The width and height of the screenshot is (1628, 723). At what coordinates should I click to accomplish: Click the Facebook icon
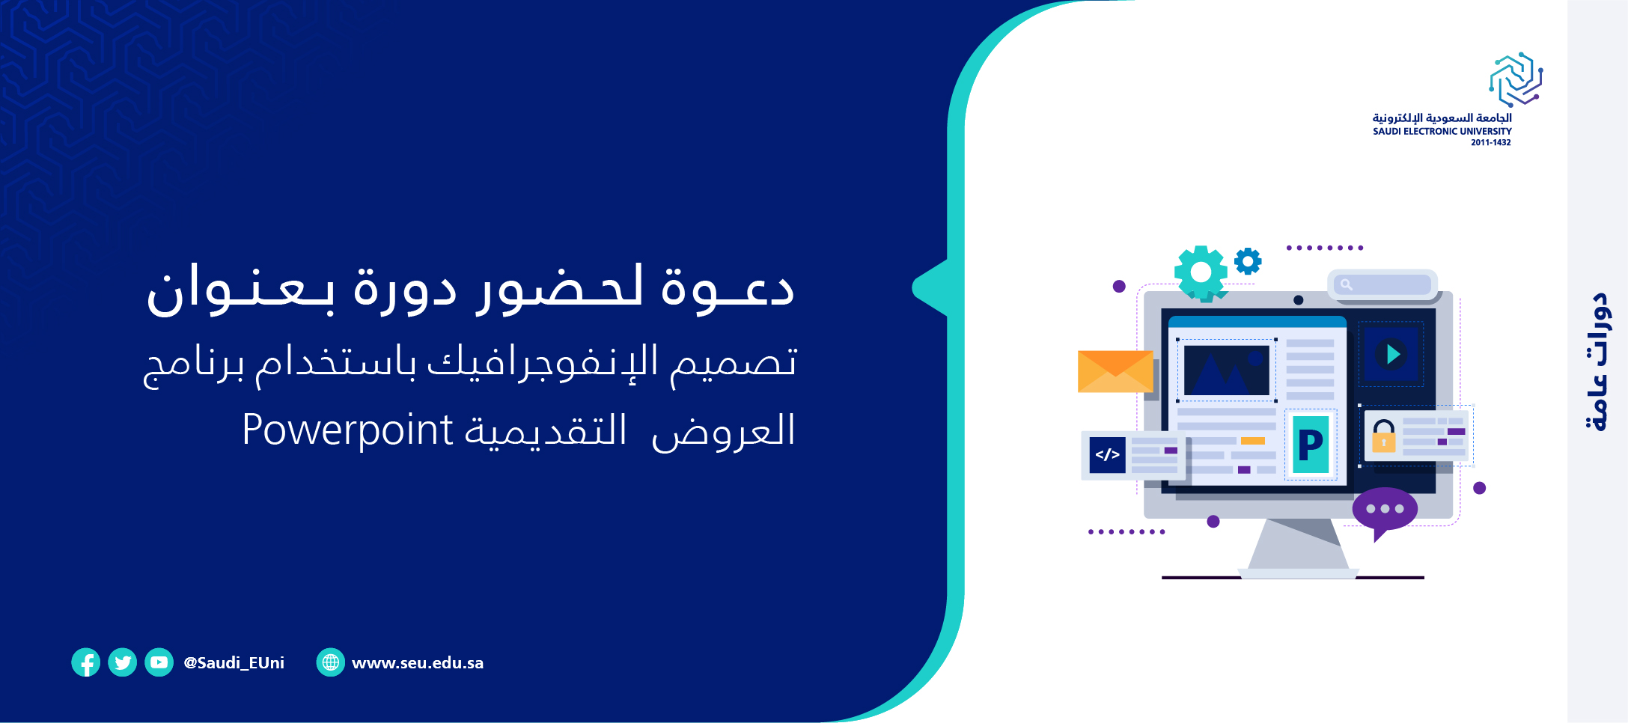(85, 662)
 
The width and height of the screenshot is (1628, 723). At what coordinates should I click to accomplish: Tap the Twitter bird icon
(122, 662)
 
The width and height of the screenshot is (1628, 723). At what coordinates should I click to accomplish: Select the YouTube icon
(159, 662)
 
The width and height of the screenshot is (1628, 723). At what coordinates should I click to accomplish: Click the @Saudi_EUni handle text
(234, 663)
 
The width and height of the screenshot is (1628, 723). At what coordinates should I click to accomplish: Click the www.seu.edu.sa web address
(418, 663)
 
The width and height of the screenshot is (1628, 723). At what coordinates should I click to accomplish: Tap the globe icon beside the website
(330, 662)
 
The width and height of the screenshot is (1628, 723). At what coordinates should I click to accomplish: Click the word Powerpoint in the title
(347, 430)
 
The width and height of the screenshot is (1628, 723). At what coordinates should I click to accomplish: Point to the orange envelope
(1115, 371)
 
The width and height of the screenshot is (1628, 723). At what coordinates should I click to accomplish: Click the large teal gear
(1201, 273)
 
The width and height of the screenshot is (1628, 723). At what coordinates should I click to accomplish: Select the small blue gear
(1248, 261)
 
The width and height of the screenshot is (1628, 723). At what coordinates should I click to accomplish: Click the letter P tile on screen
(1311, 445)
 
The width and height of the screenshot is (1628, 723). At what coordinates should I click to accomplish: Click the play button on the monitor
(1391, 354)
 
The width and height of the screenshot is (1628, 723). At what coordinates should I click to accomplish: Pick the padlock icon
(1384, 436)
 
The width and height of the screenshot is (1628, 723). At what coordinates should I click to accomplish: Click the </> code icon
(1108, 454)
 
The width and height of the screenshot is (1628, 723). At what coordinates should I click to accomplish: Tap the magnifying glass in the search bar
(1346, 284)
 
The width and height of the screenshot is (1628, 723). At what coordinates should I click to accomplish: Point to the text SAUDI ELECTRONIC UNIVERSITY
(1442, 131)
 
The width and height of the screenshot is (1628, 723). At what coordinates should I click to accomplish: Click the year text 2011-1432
(1491, 142)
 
